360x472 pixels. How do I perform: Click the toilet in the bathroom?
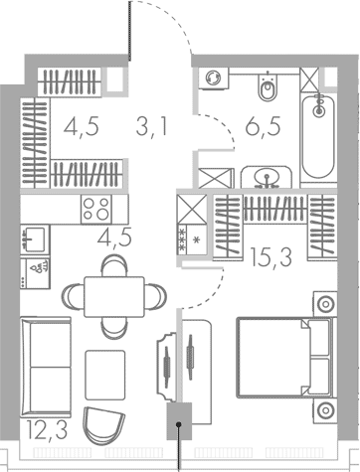click(268, 86)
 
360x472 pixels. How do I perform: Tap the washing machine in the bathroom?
click(214, 79)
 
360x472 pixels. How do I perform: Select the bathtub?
click(318, 137)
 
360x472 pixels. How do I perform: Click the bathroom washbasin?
click(267, 177)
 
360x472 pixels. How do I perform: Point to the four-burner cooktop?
click(96, 209)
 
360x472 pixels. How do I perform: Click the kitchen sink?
click(35, 239)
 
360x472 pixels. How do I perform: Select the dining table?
click(114, 297)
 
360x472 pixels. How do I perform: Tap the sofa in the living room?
click(46, 367)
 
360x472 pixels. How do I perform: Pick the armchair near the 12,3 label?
click(103, 425)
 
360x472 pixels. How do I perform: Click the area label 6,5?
click(263, 127)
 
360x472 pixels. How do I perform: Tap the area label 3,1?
click(152, 127)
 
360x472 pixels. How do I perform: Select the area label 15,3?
click(271, 257)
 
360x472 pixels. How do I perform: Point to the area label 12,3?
click(47, 429)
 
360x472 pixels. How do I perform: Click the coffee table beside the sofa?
click(105, 375)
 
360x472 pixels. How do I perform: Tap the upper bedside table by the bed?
click(325, 304)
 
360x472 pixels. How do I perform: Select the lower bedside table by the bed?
click(325, 410)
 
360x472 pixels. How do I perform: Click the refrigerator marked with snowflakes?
click(192, 240)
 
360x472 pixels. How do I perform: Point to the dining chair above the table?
click(114, 265)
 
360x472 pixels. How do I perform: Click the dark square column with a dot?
click(179, 421)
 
